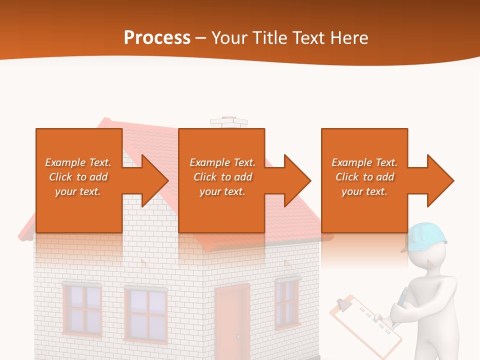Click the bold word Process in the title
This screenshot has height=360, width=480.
click(x=157, y=38)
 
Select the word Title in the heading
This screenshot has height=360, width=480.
click(x=270, y=38)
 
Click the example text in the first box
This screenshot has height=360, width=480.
click(x=78, y=177)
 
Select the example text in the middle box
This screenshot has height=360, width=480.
click(x=222, y=177)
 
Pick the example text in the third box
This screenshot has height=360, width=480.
click(x=364, y=177)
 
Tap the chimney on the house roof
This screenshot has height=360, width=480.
click(x=228, y=122)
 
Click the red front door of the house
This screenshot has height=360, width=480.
click(x=232, y=320)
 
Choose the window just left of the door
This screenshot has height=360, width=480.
click(x=145, y=315)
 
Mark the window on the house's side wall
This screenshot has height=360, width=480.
click(x=287, y=303)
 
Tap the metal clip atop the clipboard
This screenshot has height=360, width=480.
click(x=344, y=303)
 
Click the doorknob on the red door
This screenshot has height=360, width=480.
click(x=238, y=335)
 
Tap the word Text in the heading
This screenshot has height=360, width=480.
click(x=309, y=38)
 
